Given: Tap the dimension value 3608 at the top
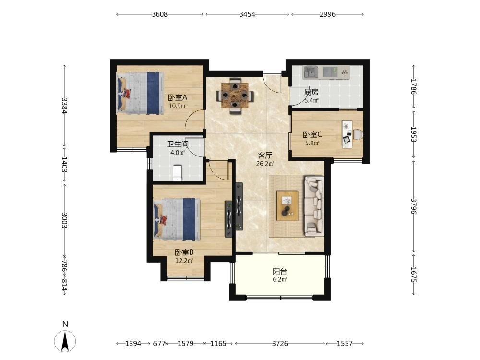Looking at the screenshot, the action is point(160,14).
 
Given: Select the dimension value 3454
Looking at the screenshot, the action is point(247,14).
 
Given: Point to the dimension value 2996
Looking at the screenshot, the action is point(327,14).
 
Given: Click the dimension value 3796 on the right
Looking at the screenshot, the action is point(414,206).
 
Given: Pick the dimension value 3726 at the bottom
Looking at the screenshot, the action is point(280,344).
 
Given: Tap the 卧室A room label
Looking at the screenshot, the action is point(178,97).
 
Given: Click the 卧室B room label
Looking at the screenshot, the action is point(184,252).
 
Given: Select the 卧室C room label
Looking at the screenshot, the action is point(312,134).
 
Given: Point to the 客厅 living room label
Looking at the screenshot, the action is point(265,156).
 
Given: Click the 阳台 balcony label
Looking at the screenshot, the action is point(280,271).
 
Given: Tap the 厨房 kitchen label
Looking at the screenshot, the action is point(312,92).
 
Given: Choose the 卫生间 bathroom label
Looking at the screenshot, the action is point(178,144).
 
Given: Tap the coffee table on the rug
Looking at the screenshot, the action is point(287,205).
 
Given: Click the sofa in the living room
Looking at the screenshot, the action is point(314,206).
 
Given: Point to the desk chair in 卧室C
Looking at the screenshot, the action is point(358,135).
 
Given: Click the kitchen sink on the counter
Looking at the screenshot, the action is point(311,72).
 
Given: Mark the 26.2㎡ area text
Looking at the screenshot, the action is point(265,164).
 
